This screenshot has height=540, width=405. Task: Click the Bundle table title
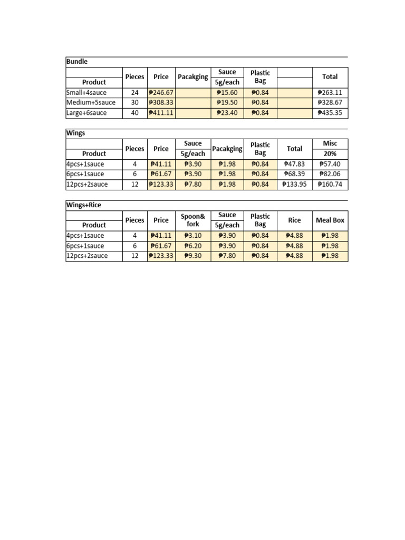(x=77, y=62)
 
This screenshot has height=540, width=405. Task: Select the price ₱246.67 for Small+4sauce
(x=161, y=92)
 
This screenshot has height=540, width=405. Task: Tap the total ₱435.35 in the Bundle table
(x=331, y=113)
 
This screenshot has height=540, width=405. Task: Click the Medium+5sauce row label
(x=91, y=102)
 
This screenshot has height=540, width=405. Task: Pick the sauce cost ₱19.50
(x=227, y=102)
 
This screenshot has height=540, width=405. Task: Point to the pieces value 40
(x=134, y=113)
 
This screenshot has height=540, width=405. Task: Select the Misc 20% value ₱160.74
(x=331, y=184)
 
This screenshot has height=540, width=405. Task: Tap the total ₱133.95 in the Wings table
(x=294, y=184)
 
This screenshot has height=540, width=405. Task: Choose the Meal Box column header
(x=330, y=220)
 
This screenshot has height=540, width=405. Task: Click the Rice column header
(x=294, y=220)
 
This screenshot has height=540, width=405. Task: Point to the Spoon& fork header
(x=193, y=220)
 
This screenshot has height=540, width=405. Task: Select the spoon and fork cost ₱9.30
(x=193, y=256)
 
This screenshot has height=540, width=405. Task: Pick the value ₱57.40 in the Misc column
(x=331, y=164)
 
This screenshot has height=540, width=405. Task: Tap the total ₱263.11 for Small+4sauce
(x=331, y=92)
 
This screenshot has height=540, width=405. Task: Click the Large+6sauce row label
(x=86, y=113)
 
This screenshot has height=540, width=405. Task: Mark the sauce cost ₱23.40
(x=227, y=113)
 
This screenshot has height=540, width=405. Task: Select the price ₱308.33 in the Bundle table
(x=161, y=102)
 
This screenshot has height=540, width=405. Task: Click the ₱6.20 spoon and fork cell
(x=193, y=246)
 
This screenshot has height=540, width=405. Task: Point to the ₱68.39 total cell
(x=294, y=174)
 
